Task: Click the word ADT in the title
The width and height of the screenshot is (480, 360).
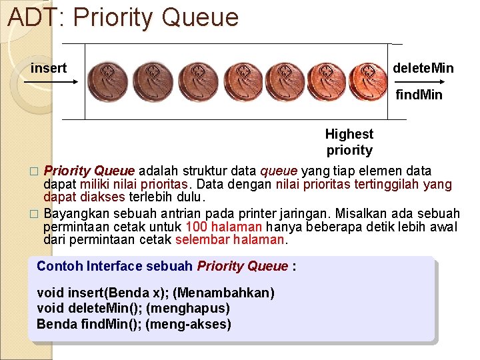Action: click(32, 17)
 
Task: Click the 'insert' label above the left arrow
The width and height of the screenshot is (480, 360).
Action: click(49, 68)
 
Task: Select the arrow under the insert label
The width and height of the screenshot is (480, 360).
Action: click(51, 82)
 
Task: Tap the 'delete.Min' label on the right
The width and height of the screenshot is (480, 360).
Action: click(423, 68)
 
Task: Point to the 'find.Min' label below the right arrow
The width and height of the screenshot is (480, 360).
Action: click(419, 95)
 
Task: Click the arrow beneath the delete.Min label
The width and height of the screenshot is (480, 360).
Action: click(424, 81)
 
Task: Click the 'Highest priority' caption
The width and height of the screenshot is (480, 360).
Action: click(349, 142)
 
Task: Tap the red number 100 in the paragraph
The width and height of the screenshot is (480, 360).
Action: click(197, 227)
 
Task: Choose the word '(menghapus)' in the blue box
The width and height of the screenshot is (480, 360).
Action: click(188, 308)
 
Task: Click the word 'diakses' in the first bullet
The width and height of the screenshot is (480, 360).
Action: click(101, 197)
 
